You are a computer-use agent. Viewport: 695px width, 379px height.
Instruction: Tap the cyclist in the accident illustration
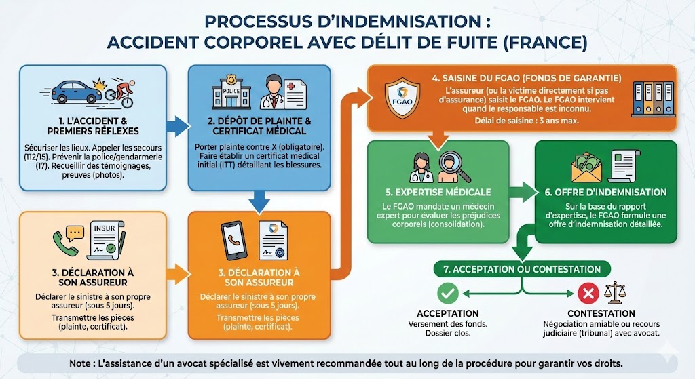pyautogui.click(x=120, y=94)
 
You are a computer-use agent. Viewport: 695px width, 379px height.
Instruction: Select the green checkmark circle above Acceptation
pyautogui.click(x=448, y=294)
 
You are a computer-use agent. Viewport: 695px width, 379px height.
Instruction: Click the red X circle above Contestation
pyautogui.click(x=587, y=294)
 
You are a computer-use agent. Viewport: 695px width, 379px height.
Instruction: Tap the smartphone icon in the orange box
pyautogui.click(x=232, y=241)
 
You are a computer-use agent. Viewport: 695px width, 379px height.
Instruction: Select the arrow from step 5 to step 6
pyautogui.click(x=521, y=192)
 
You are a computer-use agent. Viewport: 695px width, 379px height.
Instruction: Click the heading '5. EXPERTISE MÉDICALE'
pyautogui.click(x=438, y=192)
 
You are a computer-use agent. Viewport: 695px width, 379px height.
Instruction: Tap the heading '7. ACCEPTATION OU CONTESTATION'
pyautogui.click(x=521, y=269)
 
